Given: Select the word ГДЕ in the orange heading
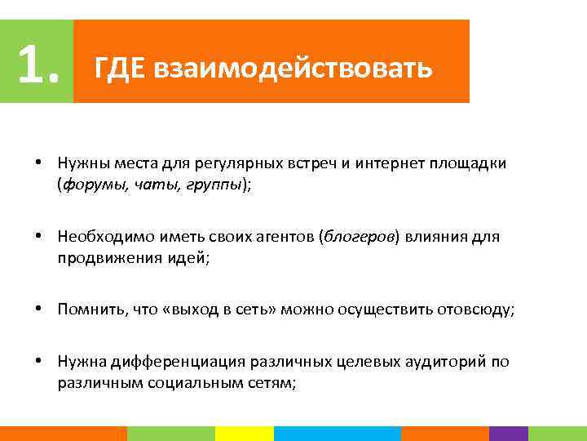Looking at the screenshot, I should tap(119, 68).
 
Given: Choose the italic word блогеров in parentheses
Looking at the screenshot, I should tap(360, 237).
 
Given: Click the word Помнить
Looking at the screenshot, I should tap(87, 310).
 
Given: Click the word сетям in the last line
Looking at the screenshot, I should tap(276, 383).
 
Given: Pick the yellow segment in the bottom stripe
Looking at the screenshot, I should tap(244, 434).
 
